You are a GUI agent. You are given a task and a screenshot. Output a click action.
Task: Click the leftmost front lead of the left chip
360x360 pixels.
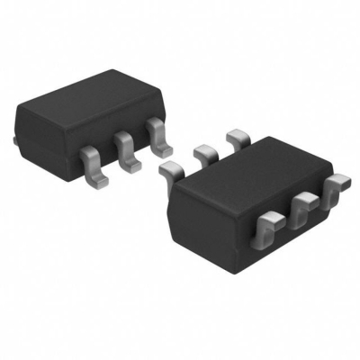click(x=91, y=165)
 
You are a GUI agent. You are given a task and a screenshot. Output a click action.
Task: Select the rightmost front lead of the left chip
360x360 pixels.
click(x=160, y=134)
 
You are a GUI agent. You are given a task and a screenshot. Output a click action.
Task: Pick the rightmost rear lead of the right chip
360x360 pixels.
click(x=239, y=137)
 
